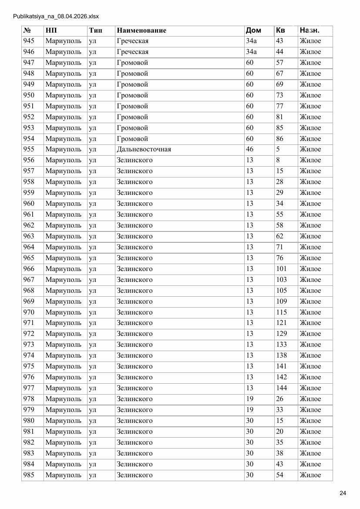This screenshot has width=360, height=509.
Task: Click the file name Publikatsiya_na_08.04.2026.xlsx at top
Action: click(56, 17)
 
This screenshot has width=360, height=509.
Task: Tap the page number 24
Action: click(343, 493)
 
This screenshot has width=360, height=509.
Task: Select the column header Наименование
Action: click(141, 30)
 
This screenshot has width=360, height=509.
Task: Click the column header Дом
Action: click(253, 30)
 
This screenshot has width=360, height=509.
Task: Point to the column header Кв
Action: click(280, 30)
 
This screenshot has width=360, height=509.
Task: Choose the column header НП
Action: click(51, 30)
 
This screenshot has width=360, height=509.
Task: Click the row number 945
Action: click(29, 41)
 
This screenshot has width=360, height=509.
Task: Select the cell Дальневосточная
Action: click(144, 149)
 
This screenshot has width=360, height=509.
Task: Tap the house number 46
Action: click(249, 149)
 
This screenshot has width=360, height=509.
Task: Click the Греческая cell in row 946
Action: click(132, 52)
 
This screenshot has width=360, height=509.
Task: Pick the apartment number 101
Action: click(281, 269)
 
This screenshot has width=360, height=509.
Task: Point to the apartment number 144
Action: click(281, 388)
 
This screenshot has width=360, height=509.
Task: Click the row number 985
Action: click(29, 475)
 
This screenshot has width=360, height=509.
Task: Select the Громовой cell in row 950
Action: click(132, 95)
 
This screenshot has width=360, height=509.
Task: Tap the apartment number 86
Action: click(279, 139)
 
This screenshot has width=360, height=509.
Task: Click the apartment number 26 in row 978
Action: click(279, 399)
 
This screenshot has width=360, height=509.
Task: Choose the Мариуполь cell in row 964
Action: click(63, 247)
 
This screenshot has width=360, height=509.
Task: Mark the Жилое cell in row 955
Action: click(310, 149)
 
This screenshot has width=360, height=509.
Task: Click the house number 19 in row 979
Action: click(249, 410)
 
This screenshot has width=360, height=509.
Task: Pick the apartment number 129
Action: click(281, 334)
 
